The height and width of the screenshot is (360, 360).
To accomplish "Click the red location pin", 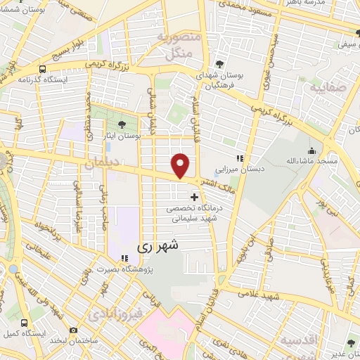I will point(181,165).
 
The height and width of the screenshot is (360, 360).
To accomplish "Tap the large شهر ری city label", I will point(161,246).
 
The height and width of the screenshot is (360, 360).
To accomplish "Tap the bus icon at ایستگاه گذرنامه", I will point(43,70).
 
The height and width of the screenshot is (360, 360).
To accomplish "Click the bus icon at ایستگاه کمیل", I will point(25,323).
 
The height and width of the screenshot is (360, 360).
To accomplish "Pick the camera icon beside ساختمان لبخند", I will point(74,329).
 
